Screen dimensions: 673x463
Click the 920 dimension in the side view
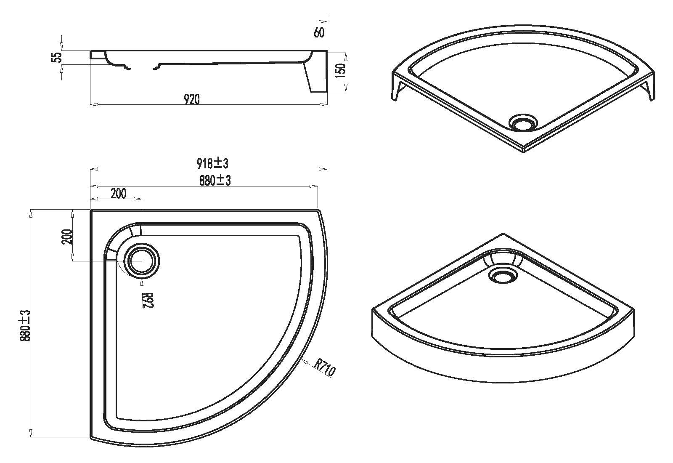point(192,99)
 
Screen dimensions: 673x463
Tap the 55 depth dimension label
point(57,57)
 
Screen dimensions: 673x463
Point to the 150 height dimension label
point(340,71)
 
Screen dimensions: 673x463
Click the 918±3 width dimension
point(213,164)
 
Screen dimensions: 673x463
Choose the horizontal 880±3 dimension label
point(215,181)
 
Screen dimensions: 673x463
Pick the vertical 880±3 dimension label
point(26,326)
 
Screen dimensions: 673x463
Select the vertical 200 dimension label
point(68,237)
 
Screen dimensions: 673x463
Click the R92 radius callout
point(148,301)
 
